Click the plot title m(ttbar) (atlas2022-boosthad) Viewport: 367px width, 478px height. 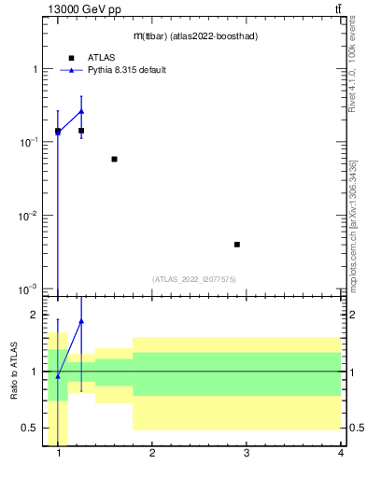click(x=195, y=35)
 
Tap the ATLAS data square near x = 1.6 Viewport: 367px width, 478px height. click(x=114, y=159)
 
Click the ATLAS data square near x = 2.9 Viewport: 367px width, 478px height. click(x=237, y=245)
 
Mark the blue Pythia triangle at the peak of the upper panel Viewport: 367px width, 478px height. click(x=81, y=111)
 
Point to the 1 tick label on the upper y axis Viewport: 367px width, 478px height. click(x=35, y=70)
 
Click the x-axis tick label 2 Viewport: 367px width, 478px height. click(x=152, y=455)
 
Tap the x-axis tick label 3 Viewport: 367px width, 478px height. click(x=247, y=455)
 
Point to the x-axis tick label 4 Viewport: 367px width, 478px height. click(x=341, y=455)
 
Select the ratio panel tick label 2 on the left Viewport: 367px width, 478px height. click(x=35, y=316)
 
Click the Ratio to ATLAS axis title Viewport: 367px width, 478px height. click(x=13, y=372)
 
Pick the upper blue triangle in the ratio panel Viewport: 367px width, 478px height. click(x=81, y=321)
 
